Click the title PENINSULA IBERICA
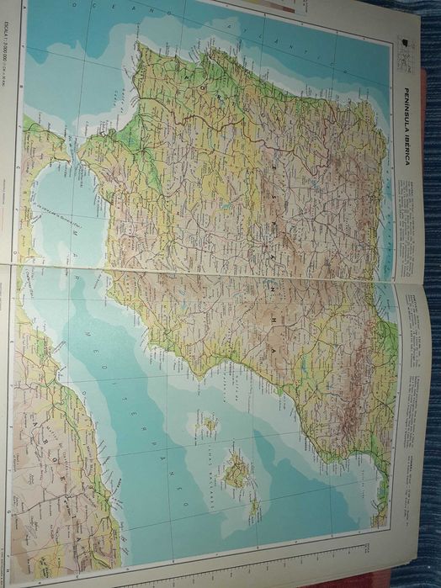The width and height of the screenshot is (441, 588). point(406,126)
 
